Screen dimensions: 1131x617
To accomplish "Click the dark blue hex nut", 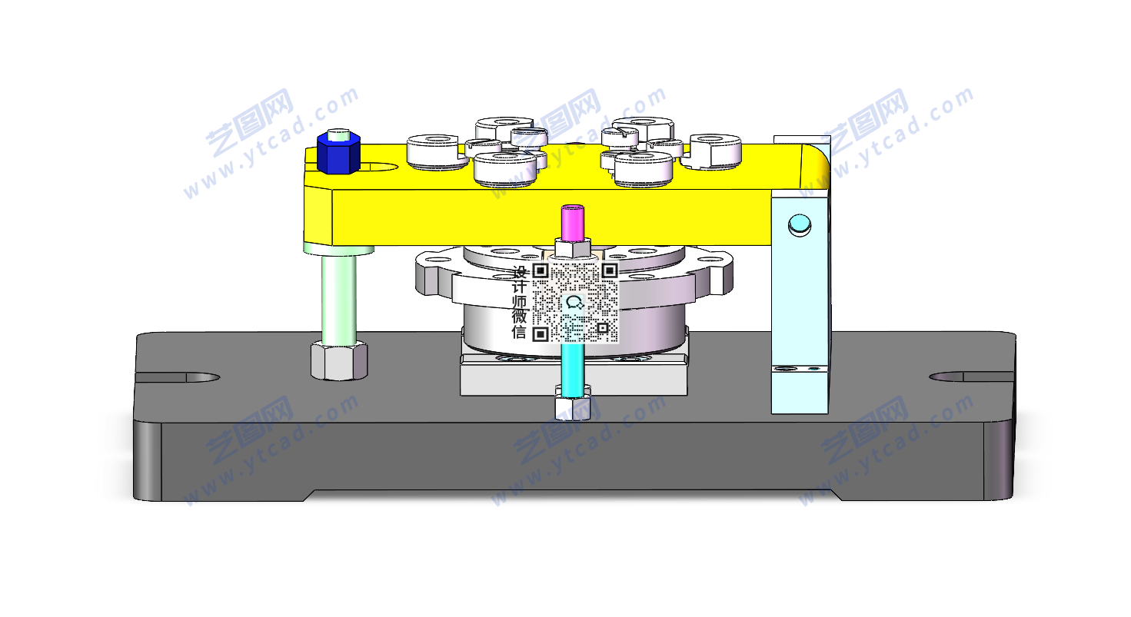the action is pyautogui.click(x=338, y=153).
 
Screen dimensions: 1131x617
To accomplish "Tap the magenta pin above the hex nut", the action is pyautogui.click(x=573, y=223).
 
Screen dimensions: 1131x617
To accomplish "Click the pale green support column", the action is pyautogui.click(x=339, y=297).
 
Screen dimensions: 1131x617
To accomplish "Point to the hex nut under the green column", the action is pyautogui.click(x=339, y=360).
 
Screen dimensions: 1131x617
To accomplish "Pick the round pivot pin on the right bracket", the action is pyautogui.click(x=800, y=225).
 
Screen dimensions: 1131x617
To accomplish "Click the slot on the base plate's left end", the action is pyautogui.click(x=178, y=377).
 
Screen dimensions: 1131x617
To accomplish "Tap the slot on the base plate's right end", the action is pyautogui.click(x=972, y=377).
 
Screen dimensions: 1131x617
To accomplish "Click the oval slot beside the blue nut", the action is pyautogui.click(x=380, y=167).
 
